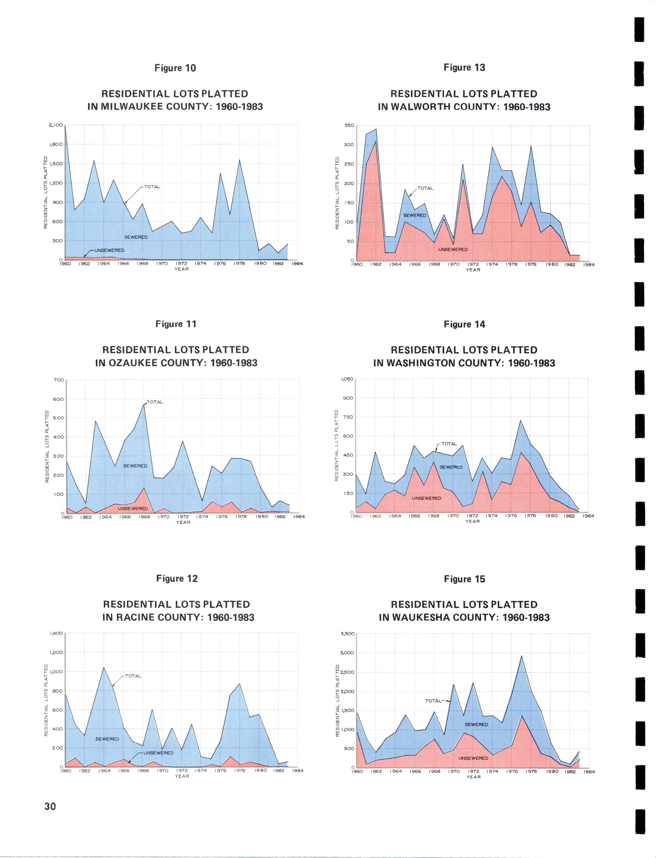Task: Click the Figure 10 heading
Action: pos(175,68)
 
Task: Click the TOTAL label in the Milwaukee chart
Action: pos(152,187)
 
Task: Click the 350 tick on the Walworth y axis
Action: pos(349,125)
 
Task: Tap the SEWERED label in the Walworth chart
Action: pos(415,215)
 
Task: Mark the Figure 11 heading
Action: pos(176,324)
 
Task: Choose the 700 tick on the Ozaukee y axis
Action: pos(59,380)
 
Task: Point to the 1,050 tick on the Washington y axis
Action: pos(347,379)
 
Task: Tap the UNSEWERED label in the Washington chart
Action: pos(427,498)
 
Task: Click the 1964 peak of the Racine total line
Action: pos(103,667)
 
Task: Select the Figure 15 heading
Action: pos(464,579)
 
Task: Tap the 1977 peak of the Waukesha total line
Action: pos(522,656)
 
